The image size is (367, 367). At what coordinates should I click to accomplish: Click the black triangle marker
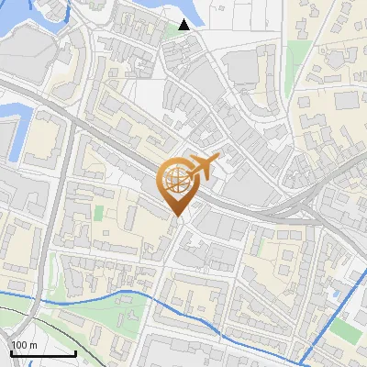click(185, 25)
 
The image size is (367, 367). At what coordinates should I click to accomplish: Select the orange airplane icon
click(205, 167)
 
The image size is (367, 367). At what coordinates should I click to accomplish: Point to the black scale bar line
click(42, 353)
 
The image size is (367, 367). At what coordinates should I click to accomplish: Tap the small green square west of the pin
click(98, 213)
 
